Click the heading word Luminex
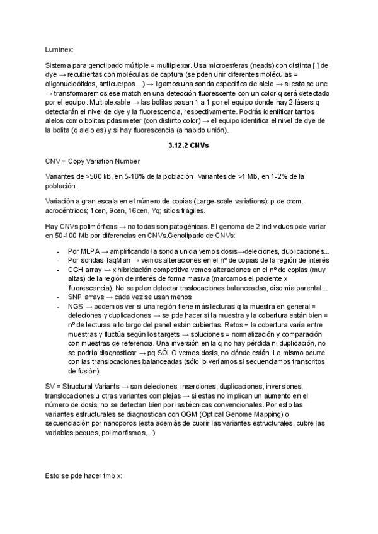(60, 48)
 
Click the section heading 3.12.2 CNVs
(189, 145)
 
